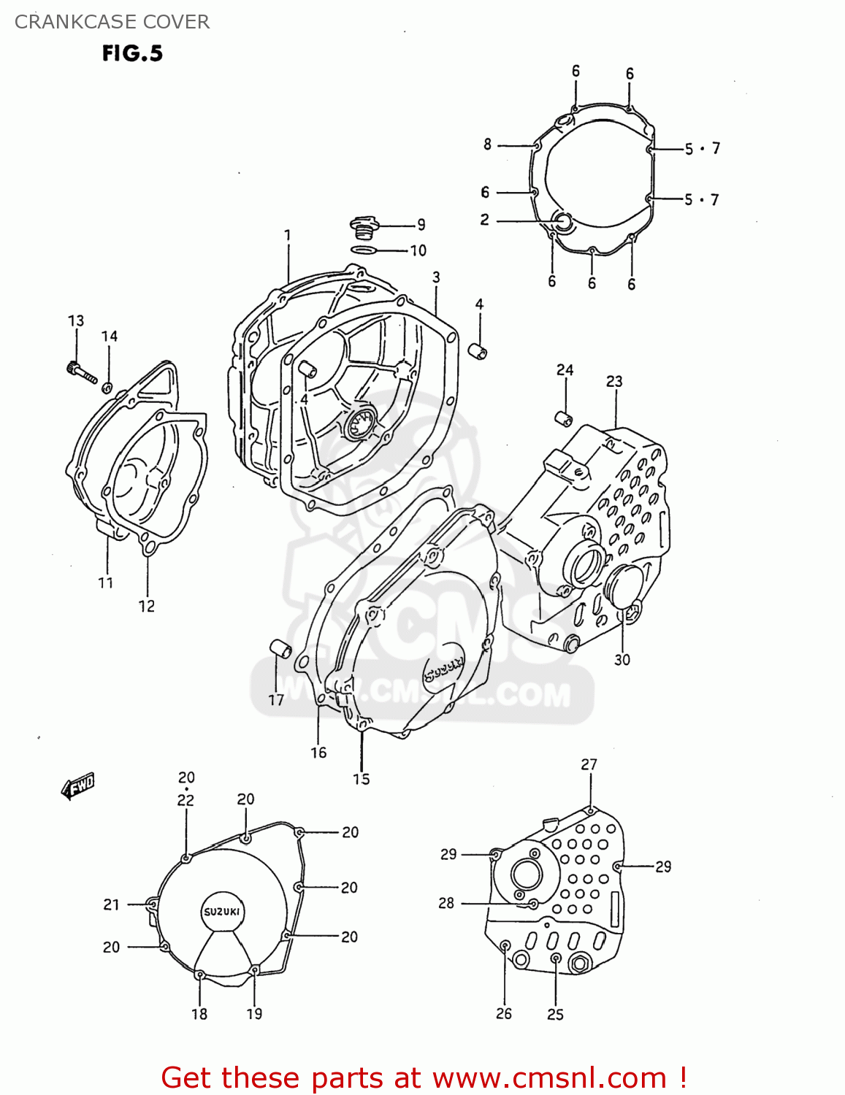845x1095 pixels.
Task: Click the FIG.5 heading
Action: click(x=132, y=53)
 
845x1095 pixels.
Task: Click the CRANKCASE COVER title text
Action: click(x=112, y=22)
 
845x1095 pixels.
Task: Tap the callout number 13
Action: click(x=76, y=320)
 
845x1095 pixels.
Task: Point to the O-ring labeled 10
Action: click(x=364, y=250)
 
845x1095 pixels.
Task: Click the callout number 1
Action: click(x=287, y=235)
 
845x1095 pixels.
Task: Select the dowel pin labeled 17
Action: click(x=280, y=648)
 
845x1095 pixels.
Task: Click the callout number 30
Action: click(x=622, y=660)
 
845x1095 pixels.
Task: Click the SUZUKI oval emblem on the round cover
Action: click(x=221, y=912)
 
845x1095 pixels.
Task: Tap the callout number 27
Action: click(x=589, y=764)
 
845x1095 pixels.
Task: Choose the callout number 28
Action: click(x=446, y=903)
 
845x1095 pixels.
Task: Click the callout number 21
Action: click(x=111, y=904)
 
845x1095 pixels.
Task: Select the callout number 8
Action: click(x=487, y=145)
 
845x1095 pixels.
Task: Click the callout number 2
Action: click(x=484, y=220)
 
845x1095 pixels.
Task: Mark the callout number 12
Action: click(x=147, y=606)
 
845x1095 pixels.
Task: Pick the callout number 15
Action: click(x=362, y=779)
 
